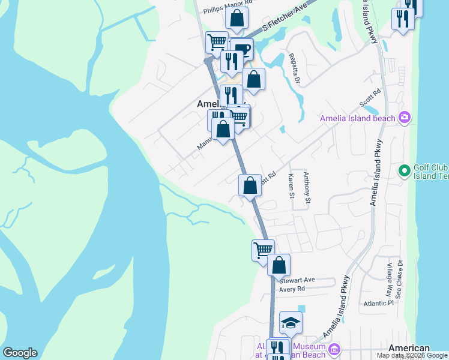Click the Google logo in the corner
pyautogui.click(x=20, y=353)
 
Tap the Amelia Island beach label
pyautogui.click(x=358, y=118)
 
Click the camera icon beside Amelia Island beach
pyautogui.click(x=405, y=117)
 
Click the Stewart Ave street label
pyautogui.click(x=297, y=280)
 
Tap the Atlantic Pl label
pyautogui.click(x=378, y=304)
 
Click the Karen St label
pyautogui.click(x=291, y=186)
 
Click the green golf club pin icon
pyautogui.click(x=405, y=172)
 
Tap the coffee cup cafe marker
pyautogui.click(x=243, y=49)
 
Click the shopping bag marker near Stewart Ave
pyautogui.click(x=279, y=265)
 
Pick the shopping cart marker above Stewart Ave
pyautogui.click(x=262, y=250)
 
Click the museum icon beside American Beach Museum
pyautogui.click(x=334, y=349)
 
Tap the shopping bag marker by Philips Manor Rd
pyautogui.click(x=237, y=19)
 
